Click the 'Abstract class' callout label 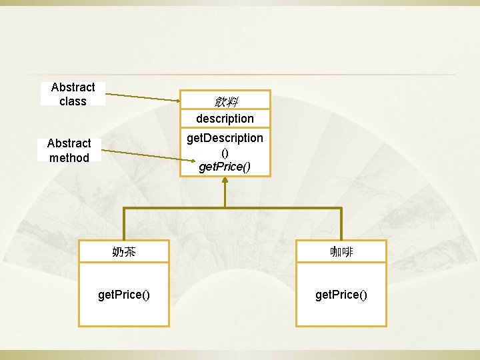coord(73,94)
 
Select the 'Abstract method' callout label coord(69,150)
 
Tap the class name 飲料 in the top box coord(225,101)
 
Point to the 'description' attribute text coord(225,119)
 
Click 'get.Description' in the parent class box coord(225,137)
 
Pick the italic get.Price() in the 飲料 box coord(225,166)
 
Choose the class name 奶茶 coord(124,252)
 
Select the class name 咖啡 coord(341,252)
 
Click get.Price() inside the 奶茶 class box coord(124,294)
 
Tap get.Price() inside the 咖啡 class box coord(341,294)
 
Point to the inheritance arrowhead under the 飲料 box coord(225,181)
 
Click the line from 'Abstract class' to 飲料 coord(143,98)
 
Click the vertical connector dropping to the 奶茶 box coord(124,224)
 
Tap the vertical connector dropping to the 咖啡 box coord(341,224)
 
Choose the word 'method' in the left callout coord(69,158)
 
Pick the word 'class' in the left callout coord(73,101)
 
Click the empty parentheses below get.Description coord(225,152)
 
